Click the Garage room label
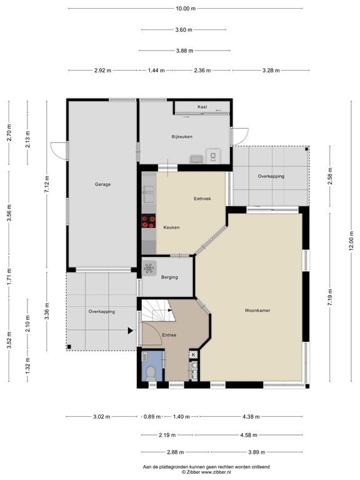click(x=102, y=184)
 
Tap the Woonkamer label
click(x=257, y=311)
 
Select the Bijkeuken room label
click(x=182, y=136)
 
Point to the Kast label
click(x=202, y=107)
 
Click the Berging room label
click(x=169, y=277)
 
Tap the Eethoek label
click(x=202, y=199)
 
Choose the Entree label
click(x=169, y=335)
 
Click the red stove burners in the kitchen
click(x=149, y=221)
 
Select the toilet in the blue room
click(x=150, y=374)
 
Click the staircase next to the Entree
click(x=157, y=311)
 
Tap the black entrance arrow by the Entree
click(x=131, y=331)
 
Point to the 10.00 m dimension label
click(x=186, y=9)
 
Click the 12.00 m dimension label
click(x=351, y=241)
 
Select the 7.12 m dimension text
click(x=46, y=184)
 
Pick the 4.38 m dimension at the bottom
click(x=251, y=417)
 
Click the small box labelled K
click(x=194, y=354)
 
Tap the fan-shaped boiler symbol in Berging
click(x=149, y=268)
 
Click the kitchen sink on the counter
click(x=149, y=194)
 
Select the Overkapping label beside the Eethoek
click(x=271, y=176)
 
